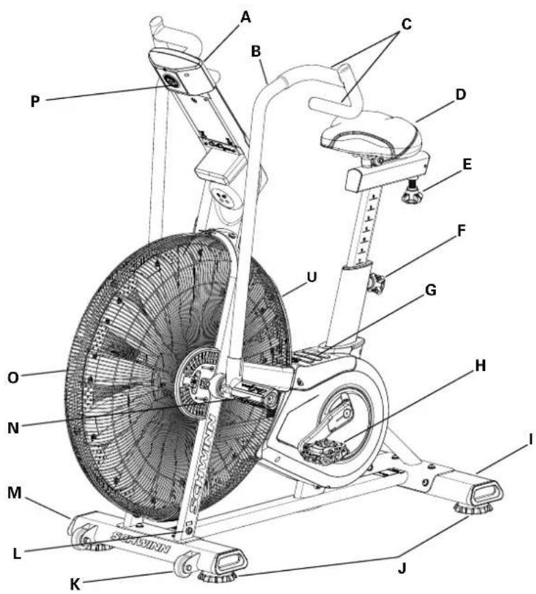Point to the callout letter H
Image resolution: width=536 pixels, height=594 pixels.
click(480, 366)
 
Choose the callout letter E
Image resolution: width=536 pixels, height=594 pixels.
click(467, 165)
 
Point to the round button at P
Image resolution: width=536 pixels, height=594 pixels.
click(170, 82)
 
